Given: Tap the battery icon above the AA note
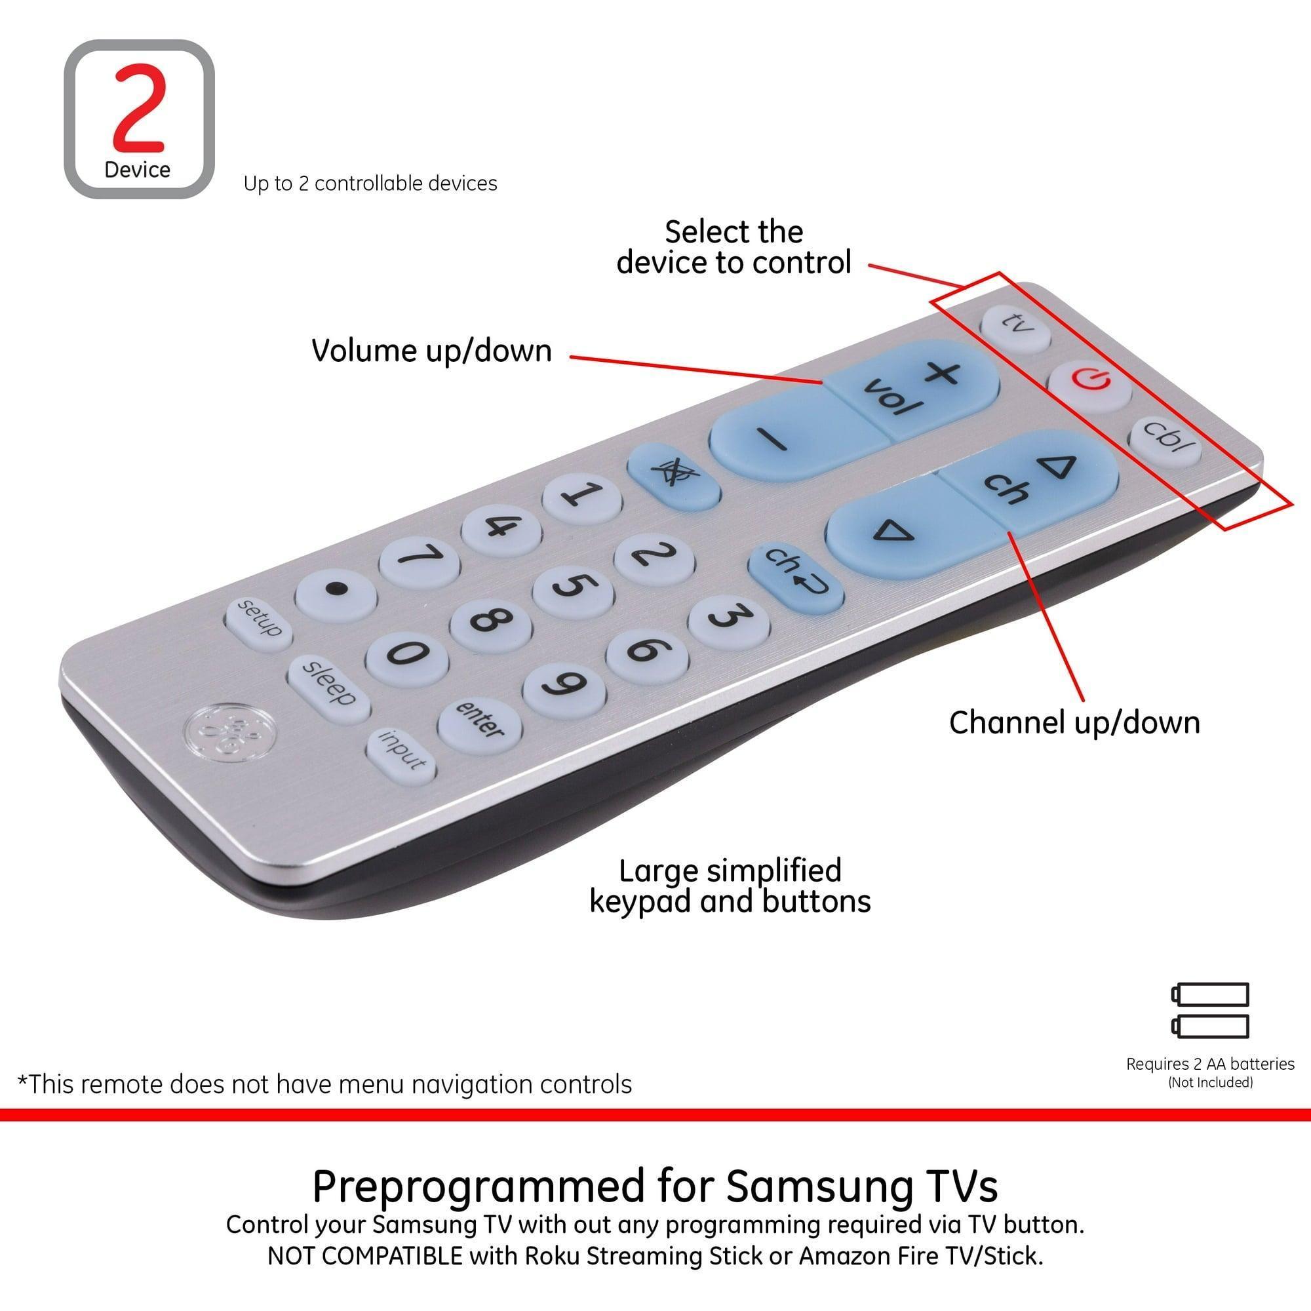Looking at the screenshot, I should (1209, 1010).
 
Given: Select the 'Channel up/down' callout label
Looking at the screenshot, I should (1074, 722).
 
